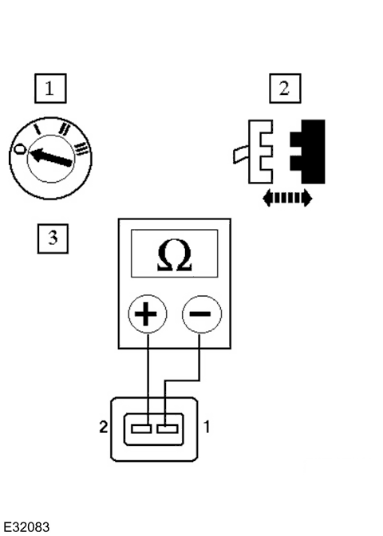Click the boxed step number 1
[50, 89]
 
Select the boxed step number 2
[285, 89]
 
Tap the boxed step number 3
[53, 238]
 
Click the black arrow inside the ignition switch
[51, 157]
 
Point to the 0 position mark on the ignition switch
[21, 149]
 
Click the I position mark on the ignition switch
[38, 129]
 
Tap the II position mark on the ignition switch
[64, 128]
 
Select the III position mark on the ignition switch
[81, 149]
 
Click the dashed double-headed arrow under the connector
[287, 199]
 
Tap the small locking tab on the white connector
[241, 155]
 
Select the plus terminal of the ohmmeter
[148, 313]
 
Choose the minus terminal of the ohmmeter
[202, 313]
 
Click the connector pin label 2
[103, 427]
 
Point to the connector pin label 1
[207, 427]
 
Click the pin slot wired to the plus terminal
[141, 428]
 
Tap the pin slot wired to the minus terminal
[168, 428]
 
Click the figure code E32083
[26, 527]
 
